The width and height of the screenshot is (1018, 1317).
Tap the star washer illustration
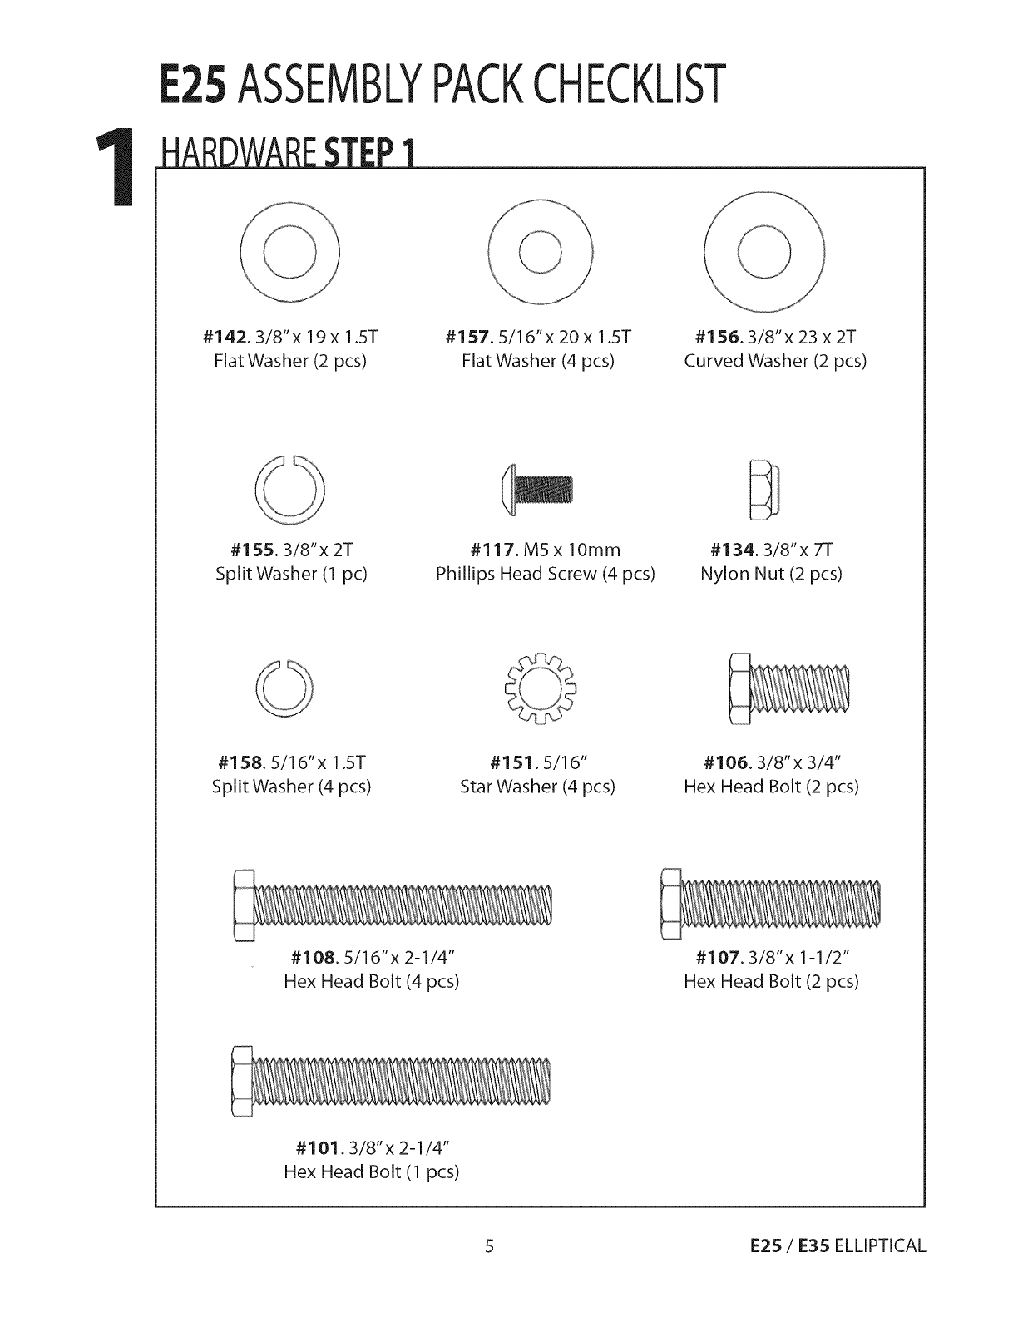point(539,688)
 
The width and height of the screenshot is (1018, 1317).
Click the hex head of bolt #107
point(671,902)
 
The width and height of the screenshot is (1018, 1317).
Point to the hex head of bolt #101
point(241,1081)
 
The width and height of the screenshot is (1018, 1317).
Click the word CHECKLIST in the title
point(632,86)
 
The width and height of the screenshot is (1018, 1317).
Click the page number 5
point(490,1246)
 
